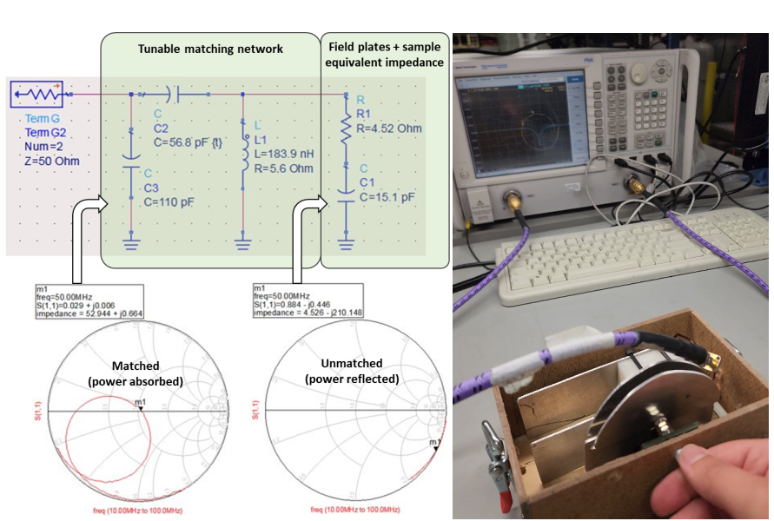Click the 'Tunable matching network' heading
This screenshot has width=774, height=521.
click(210, 49)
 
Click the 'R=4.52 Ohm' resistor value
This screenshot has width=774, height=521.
click(389, 129)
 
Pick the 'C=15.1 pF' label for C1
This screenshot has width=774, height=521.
click(388, 196)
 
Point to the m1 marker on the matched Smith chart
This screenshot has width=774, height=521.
click(141, 409)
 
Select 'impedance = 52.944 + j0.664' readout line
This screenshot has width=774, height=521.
click(82, 314)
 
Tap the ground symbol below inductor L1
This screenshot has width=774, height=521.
click(242, 245)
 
